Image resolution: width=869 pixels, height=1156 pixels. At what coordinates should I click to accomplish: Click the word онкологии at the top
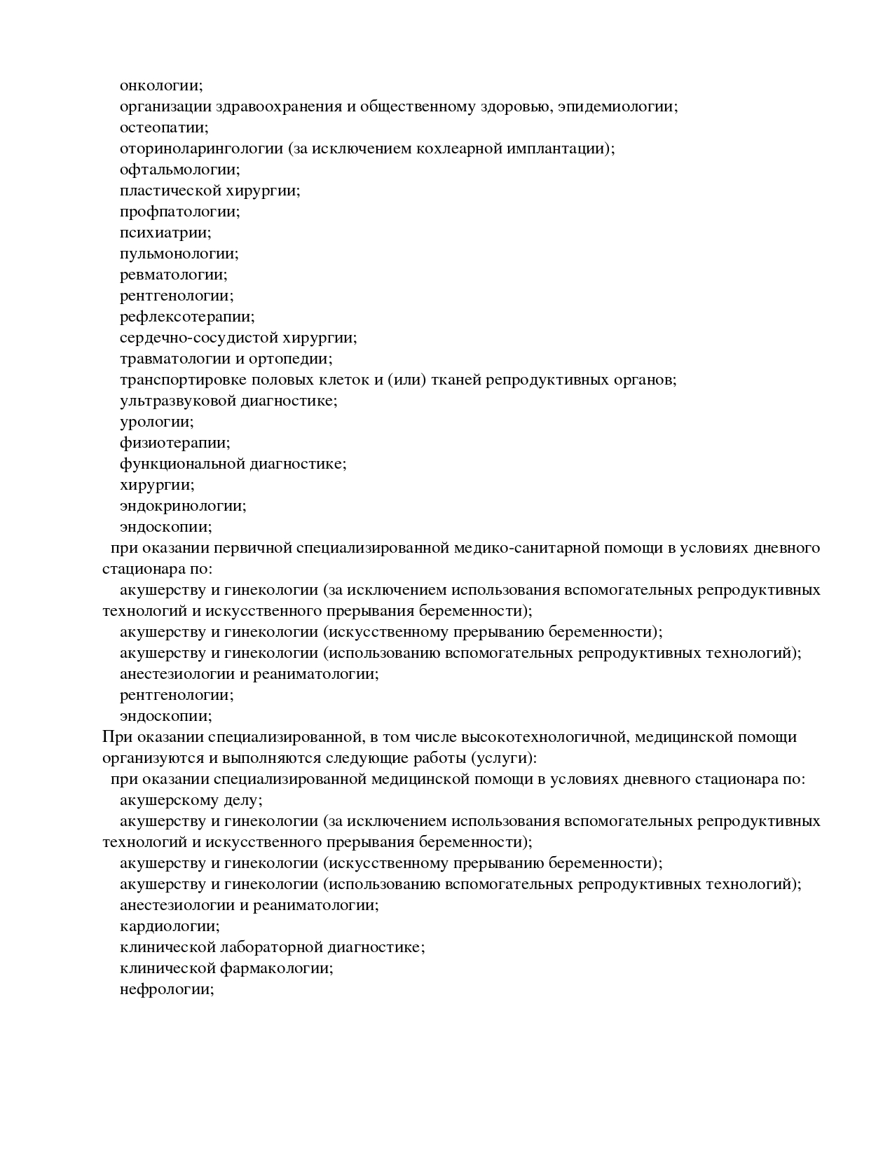(x=160, y=85)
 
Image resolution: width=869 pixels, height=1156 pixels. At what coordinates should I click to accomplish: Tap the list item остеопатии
(x=163, y=128)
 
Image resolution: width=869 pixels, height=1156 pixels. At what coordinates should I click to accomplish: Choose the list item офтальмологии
(x=179, y=170)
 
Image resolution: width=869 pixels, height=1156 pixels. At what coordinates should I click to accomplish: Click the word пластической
(x=171, y=191)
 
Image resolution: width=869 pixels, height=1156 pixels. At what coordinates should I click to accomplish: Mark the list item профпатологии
(x=179, y=212)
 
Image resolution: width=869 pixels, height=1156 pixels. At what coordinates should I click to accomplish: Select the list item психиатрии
(x=165, y=233)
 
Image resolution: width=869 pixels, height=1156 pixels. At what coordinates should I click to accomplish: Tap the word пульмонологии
(x=179, y=254)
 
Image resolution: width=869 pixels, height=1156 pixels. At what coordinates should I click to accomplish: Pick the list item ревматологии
(x=173, y=275)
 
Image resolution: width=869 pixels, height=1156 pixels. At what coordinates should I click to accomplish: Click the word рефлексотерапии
(x=187, y=317)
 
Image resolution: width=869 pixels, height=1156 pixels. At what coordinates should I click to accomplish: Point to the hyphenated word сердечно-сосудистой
(x=198, y=338)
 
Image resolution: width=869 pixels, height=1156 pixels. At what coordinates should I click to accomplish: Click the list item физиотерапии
(x=175, y=443)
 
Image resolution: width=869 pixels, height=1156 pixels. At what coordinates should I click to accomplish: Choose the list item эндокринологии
(x=183, y=506)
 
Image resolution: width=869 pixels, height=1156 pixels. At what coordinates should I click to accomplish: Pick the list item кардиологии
(x=169, y=926)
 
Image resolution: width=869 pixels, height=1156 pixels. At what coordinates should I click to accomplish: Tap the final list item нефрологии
(x=166, y=989)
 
